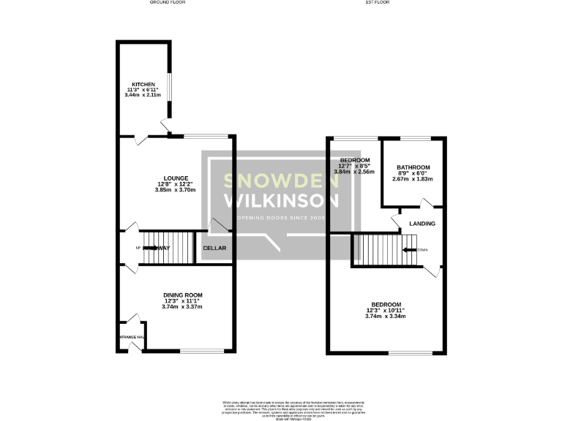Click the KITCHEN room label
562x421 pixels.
tap(138, 84)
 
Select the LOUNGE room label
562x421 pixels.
tap(176, 178)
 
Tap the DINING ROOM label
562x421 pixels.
tap(182, 295)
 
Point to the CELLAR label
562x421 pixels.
tap(214, 249)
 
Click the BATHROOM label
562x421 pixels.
tap(413, 167)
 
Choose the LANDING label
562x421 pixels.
tap(422, 224)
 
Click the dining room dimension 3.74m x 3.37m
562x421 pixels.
tap(182, 307)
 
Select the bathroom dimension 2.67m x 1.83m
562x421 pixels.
tap(413, 179)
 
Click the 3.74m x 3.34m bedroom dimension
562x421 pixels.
tap(386, 316)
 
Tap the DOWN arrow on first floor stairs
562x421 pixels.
tap(413, 249)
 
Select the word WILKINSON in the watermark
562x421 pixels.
tap(281, 200)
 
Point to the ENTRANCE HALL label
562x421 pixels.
tap(132, 337)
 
